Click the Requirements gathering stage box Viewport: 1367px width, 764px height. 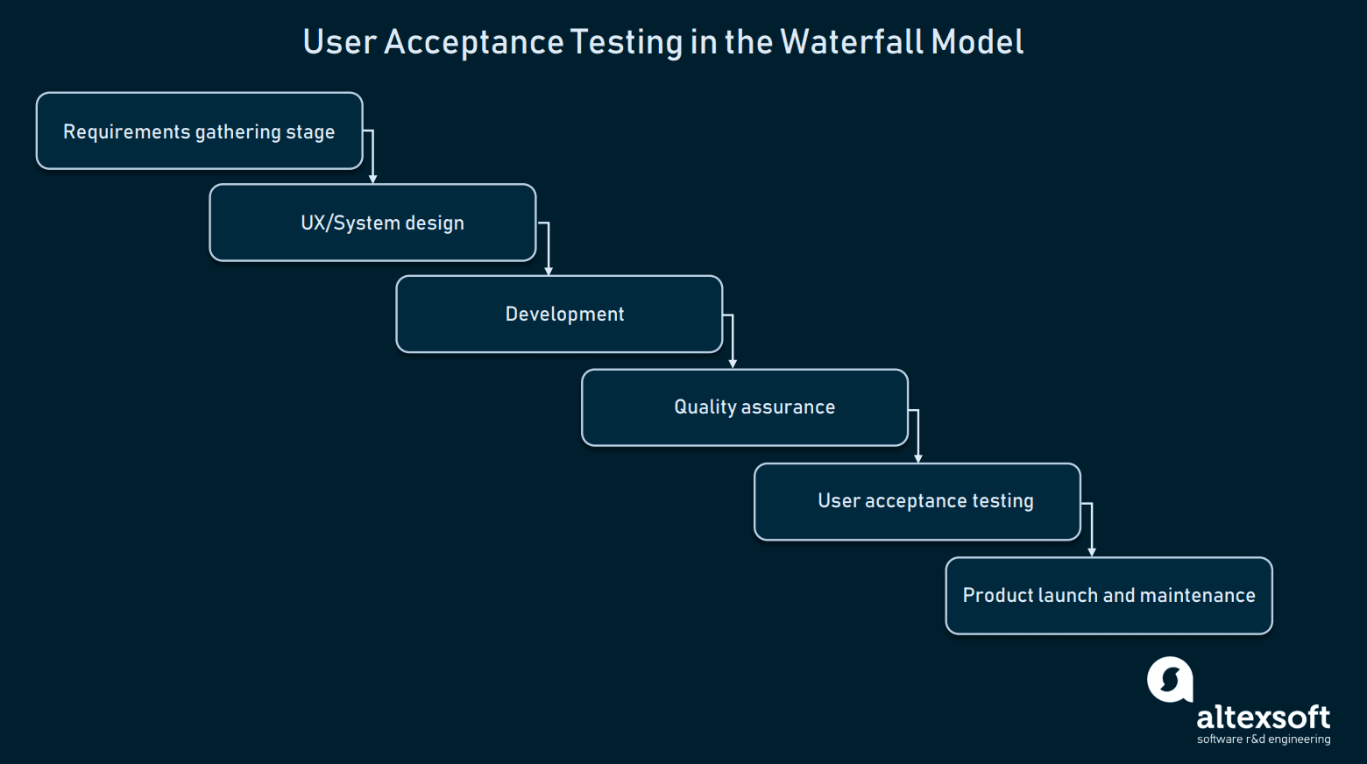[x=199, y=131]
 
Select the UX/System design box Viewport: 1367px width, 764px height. [x=372, y=223]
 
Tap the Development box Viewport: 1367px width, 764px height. [x=559, y=315]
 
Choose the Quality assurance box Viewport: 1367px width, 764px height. [x=745, y=407]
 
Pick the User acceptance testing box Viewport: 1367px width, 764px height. [x=917, y=501]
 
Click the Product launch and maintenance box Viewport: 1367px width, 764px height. [x=1108, y=596]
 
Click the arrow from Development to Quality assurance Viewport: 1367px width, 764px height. [x=733, y=341]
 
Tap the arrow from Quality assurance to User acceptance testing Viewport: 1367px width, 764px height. [x=917, y=435]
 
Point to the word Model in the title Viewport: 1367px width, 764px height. [x=977, y=42]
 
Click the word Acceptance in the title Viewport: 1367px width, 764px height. [x=473, y=42]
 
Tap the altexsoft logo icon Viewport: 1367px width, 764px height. [x=1171, y=680]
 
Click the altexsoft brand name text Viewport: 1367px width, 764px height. [x=1263, y=718]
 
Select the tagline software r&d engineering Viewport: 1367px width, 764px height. [x=1263, y=739]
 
